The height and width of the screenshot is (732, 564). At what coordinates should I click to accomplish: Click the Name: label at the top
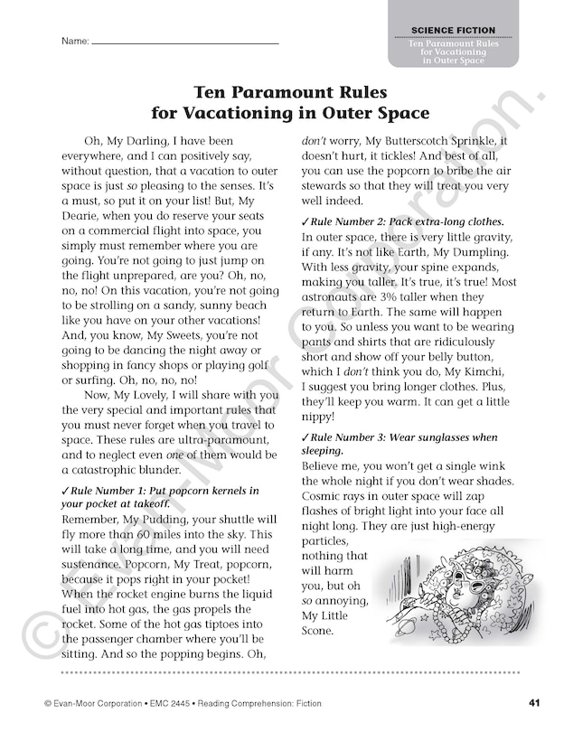[75, 42]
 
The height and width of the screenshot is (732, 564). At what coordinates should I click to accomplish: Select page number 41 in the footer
[535, 703]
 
